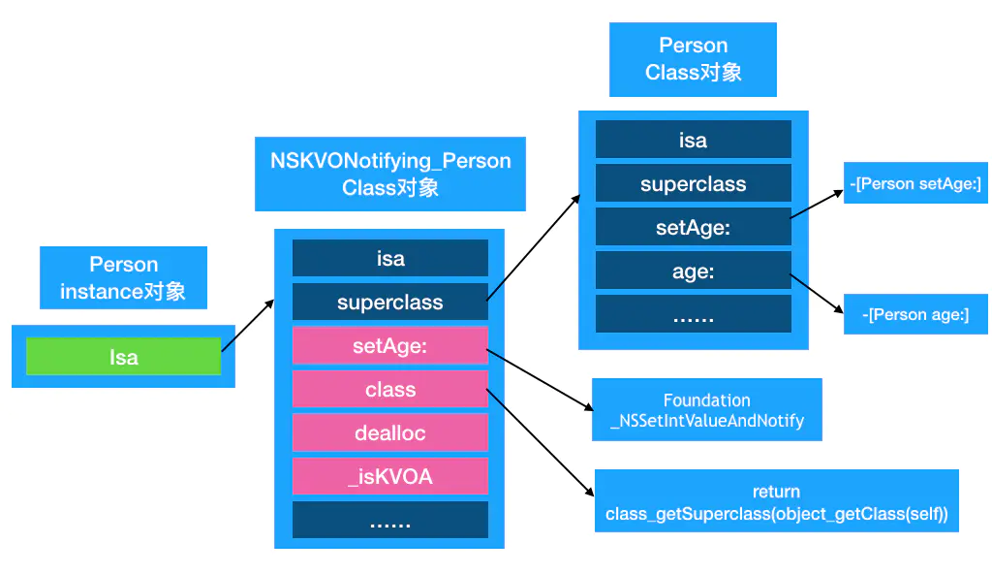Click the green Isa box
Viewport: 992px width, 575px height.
(x=123, y=357)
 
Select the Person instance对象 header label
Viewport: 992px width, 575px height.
(x=123, y=277)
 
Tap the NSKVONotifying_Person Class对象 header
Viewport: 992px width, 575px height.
(x=390, y=174)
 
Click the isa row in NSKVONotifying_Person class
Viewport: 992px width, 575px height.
(x=390, y=259)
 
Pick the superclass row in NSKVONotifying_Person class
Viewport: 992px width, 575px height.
(x=390, y=303)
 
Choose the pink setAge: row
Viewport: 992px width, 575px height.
(x=390, y=346)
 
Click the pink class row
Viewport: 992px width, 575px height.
(x=390, y=390)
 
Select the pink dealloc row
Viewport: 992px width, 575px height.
(x=390, y=433)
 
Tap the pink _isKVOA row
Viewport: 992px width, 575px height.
(x=390, y=476)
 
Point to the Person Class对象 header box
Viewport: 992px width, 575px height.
(x=693, y=59)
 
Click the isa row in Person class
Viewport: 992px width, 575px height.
(x=693, y=141)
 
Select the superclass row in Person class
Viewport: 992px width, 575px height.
(x=693, y=184)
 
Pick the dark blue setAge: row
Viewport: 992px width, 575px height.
(x=693, y=228)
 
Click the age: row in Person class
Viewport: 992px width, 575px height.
(x=693, y=272)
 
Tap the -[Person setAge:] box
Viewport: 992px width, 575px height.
(x=915, y=183)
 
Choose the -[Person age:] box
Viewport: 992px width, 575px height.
(x=915, y=314)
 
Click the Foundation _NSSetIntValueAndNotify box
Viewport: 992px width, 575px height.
(x=707, y=410)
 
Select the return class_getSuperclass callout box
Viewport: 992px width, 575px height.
(x=776, y=501)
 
